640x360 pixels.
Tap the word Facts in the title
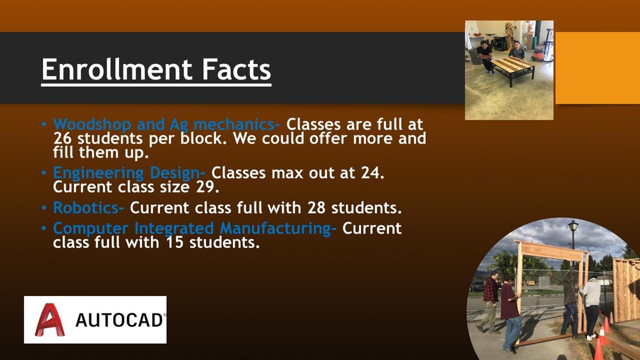[x=237, y=70]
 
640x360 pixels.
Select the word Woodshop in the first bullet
[x=92, y=124]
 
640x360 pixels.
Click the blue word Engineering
[x=98, y=173]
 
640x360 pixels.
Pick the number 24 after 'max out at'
[x=373, y=173]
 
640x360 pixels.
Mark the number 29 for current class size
[x=207, y=187]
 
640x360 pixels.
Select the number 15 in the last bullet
[x=174, y=242]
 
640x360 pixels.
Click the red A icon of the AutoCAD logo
[x=50, y=319]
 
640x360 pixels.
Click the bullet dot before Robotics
[x=44, y=207]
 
